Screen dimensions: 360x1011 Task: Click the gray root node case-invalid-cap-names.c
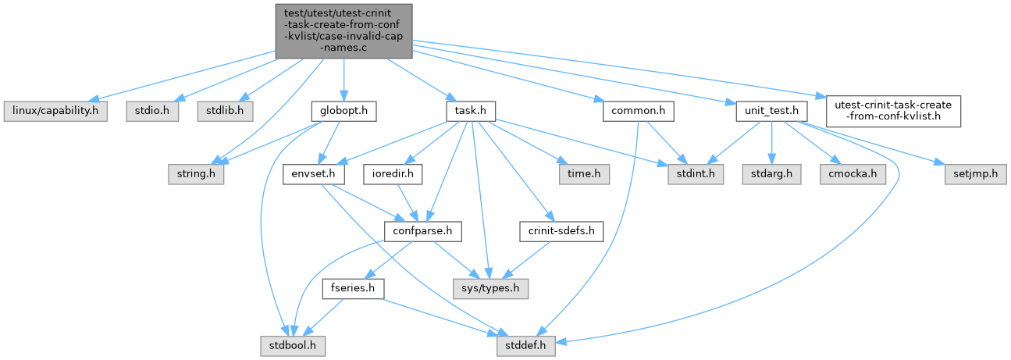click(344, 30)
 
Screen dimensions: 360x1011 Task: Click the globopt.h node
click(344, 111)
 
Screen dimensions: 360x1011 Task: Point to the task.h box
click(472, 111)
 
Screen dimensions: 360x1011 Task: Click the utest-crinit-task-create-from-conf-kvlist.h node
click(888, 111)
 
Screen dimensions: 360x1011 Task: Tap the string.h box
click(195, 172)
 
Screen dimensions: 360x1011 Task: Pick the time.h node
click(578, 172)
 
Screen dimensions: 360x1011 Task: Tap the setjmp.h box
click(971, 172)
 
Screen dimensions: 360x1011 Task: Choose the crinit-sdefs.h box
click(561, 231)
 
